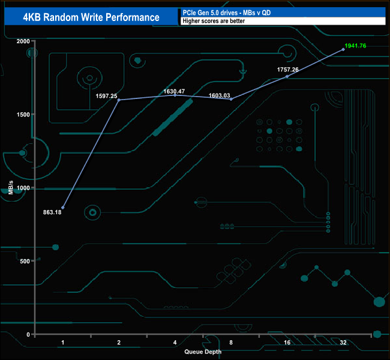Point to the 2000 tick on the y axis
tap(23, 41)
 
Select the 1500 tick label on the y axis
tap(23, 115)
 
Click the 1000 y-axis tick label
tap(23, 188)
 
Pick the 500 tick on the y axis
tap(25, 261)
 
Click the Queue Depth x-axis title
tap(203, 352)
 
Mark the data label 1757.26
tap(287, 70)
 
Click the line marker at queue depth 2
tap(119, 100)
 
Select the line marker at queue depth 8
tap(231, 99)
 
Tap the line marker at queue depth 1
tap(63, 208)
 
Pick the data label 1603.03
tap(230, 95)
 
